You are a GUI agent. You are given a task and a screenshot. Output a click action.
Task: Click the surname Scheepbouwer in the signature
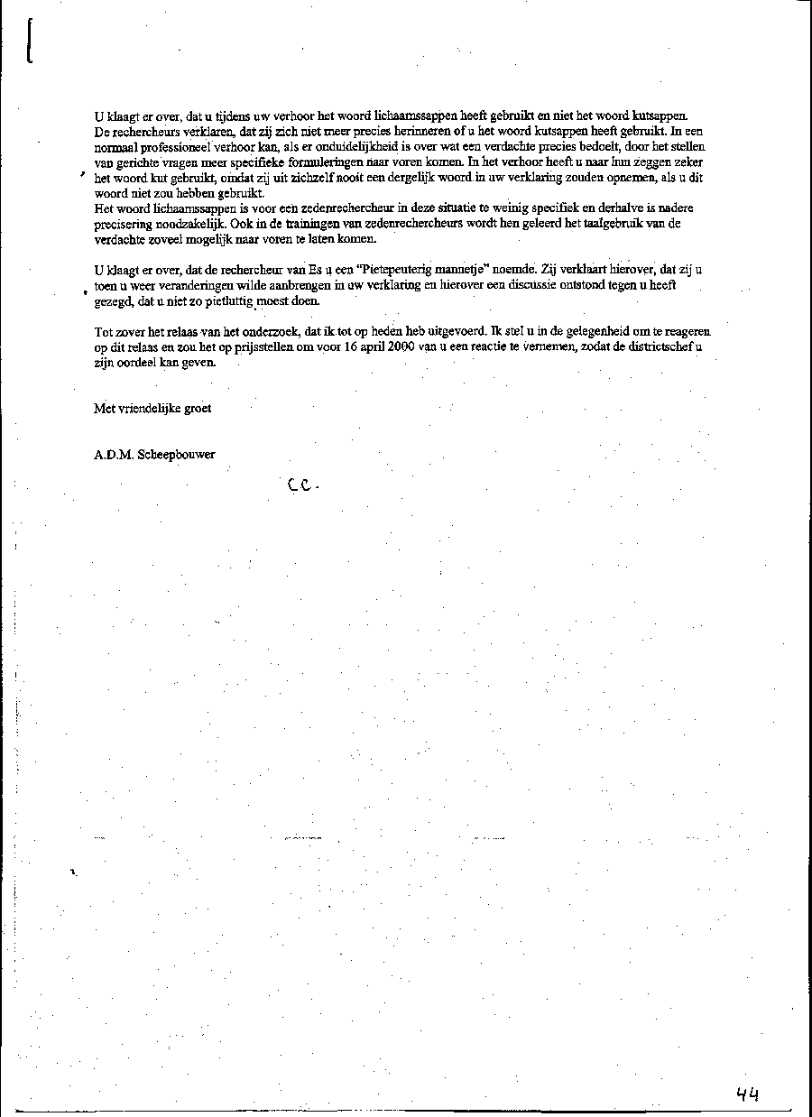tap(176, 456)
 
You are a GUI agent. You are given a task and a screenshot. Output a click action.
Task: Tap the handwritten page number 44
tap(747, 1094)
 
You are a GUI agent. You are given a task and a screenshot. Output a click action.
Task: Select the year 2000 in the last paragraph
tap(401, 346)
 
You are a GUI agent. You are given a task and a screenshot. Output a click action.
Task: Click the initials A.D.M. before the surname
tap(114, 456)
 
